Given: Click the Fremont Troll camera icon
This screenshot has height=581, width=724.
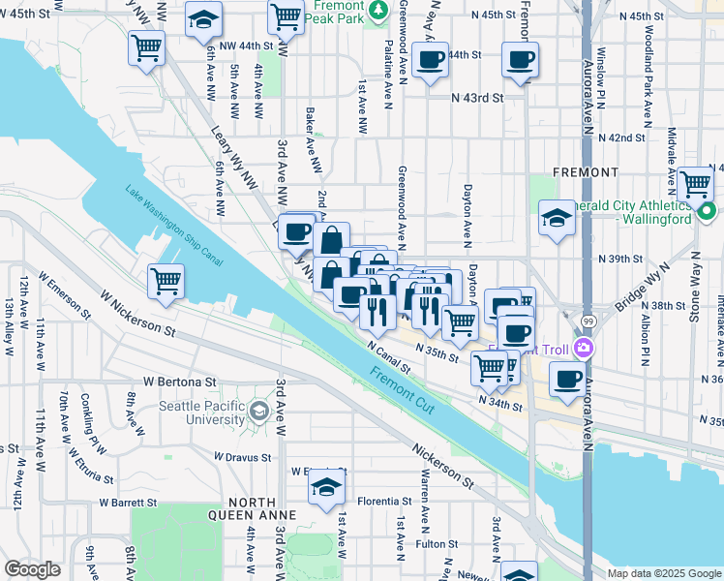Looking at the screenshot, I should tap(583, 348).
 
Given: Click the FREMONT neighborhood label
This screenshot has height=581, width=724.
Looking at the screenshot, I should tap(585, 172).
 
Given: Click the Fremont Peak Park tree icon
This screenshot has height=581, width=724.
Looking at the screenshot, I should tap(379, 10).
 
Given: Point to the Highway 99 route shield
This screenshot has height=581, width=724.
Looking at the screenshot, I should tap(588, 319).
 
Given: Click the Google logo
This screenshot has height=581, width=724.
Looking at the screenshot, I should tap(32, 568).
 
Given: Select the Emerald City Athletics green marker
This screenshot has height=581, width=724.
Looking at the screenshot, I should tap(708, 210).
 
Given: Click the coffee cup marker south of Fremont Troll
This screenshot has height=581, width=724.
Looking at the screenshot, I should tap(568, 378).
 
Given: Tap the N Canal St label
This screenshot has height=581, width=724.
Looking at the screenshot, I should tap(389, 356).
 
